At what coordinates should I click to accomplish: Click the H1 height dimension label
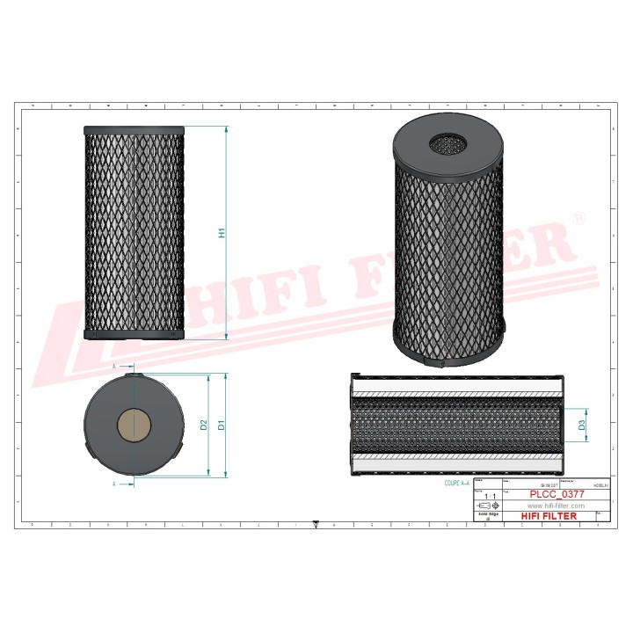coord(222,233)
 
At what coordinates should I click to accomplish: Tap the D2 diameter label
coord(204,426)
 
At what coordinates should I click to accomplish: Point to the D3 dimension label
coord(582,426)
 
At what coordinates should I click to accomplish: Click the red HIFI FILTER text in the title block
coord(549,516)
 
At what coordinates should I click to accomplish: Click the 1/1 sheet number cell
coord(491,497)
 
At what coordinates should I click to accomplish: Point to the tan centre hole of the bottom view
coord(133,426)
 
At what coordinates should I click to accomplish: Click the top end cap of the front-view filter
coord(134,130)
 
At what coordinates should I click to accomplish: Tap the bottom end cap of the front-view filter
coord(134,334)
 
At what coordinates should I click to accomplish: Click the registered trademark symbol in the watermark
coord(578,216)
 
